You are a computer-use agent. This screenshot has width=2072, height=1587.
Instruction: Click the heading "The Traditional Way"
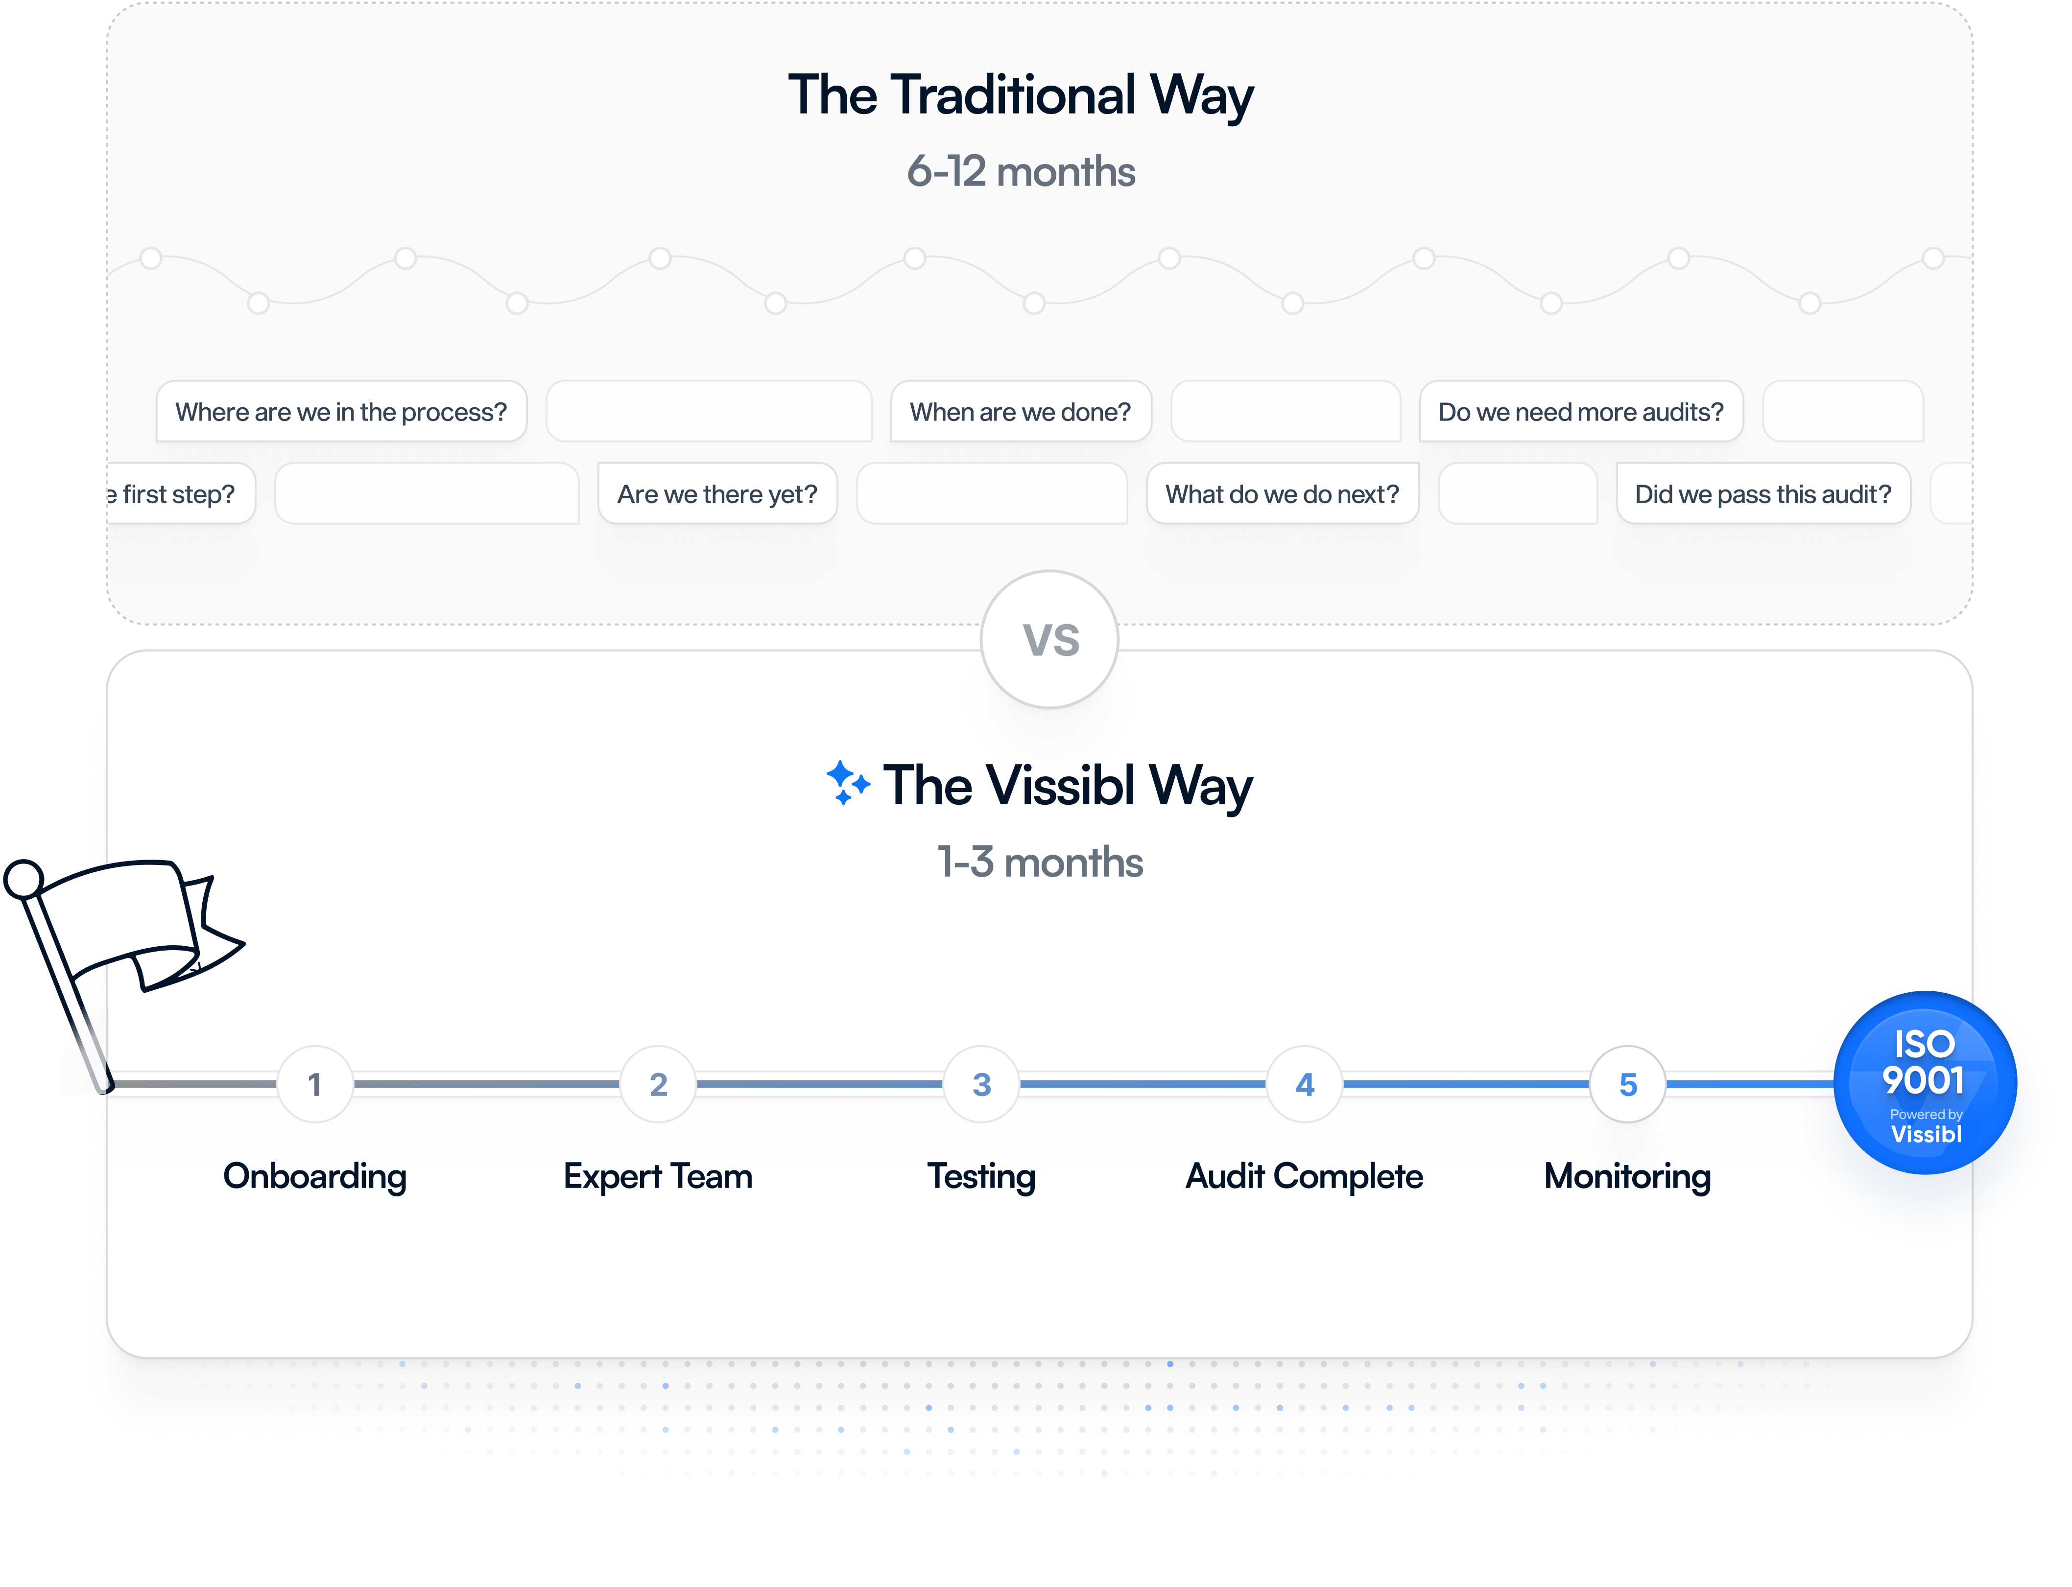(x=1021, y=96)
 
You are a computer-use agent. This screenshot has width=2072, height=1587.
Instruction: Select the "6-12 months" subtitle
(x=1021, y=172)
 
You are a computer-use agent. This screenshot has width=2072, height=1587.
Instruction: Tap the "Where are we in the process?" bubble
(x=341, y=412)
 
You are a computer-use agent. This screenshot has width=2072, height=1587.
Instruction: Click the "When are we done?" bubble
(x=1021, y=412)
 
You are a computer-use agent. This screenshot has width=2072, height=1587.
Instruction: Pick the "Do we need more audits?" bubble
(x=1581, y=412)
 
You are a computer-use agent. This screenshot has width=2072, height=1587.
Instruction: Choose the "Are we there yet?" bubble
(x=717, y=494)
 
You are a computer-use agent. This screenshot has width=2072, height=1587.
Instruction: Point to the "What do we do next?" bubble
(x=1282, y=494)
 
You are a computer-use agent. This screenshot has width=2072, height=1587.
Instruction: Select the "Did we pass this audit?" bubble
(x=1763, y=494)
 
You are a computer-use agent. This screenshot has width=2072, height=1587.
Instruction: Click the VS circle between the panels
(x=1049, y=639)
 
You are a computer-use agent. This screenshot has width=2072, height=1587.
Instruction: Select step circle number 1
(x=314, y=1084)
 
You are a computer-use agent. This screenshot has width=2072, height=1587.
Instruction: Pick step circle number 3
(x=982, y=1084)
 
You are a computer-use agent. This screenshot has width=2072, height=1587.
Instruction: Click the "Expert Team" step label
(x=658, y=1177)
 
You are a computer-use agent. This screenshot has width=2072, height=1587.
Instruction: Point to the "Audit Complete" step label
(x=1304, y=1177)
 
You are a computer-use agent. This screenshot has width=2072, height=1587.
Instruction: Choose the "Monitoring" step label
(x=1627, y=1177)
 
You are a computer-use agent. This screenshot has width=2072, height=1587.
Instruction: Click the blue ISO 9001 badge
(x=1925, y=1083)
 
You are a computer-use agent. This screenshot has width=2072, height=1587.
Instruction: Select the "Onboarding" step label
(x=314, y=1177)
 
